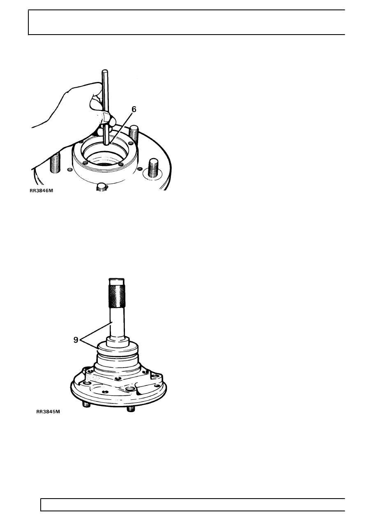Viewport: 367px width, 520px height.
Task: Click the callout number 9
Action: pyautogui.click(x=76, y=340)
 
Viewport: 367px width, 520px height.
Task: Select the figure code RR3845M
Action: pyautogui.click(x=48, y=411)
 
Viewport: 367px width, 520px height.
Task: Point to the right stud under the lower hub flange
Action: pyautogui.click(x=131, y=408)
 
